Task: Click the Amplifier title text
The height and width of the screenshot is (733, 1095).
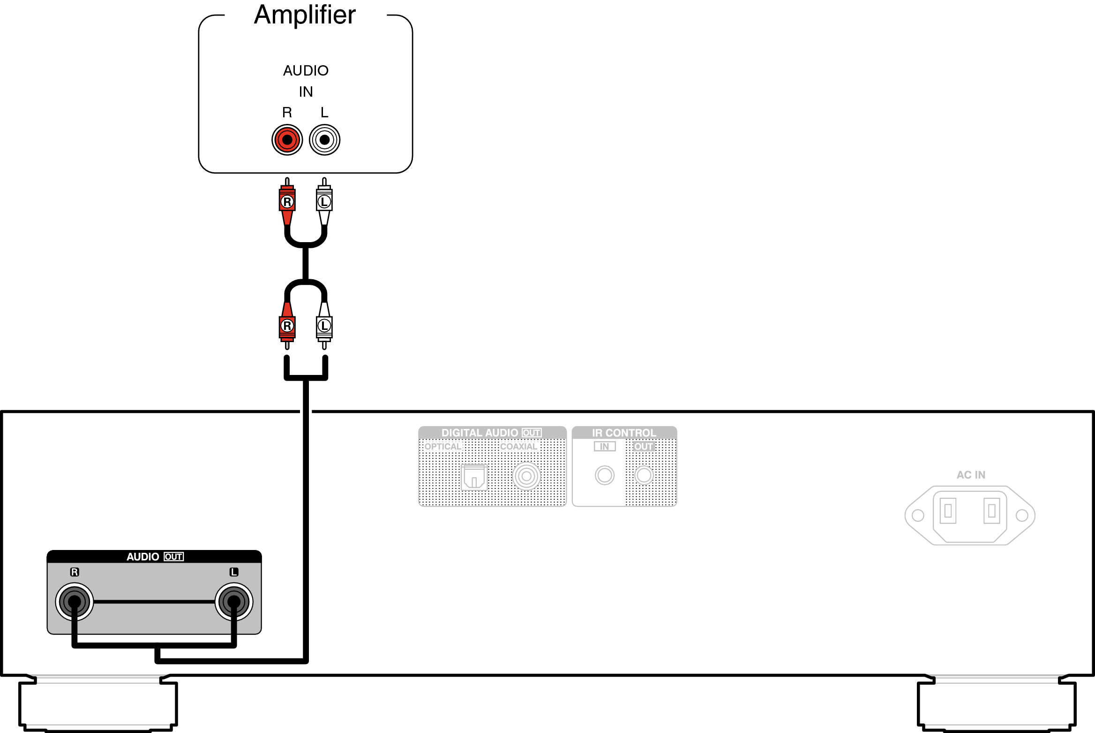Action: tap(305, 15)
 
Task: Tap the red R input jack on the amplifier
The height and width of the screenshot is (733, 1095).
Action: tap(287, 140)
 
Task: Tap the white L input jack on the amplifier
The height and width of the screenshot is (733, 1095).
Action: tap(324, 140)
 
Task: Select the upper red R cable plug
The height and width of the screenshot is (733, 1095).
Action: tap(287, 202)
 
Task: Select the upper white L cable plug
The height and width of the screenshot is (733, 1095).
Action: tap(324, 202)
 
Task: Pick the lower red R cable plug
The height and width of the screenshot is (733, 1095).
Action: tap(287, 326)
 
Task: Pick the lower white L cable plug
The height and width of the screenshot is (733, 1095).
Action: tap(324, 326)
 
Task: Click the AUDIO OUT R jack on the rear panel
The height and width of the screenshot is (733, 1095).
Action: tap(75, 602)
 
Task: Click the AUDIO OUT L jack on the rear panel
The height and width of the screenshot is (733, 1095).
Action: tap(234, 602)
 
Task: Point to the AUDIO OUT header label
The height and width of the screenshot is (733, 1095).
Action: tap(155, 557)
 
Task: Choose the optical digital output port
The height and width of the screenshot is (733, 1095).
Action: tap(474, 477)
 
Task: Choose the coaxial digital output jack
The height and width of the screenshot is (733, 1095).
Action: tap(526, 476)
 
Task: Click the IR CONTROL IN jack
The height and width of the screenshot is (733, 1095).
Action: tap(605, 475)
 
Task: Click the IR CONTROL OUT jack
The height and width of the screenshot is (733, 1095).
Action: tap(644, 475)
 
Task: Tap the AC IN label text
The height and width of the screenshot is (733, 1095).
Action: tap(971, 475)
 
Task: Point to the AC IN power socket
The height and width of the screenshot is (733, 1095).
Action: tap(970, 515)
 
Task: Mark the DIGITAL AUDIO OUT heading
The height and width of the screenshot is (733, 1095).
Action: tap(491, 433)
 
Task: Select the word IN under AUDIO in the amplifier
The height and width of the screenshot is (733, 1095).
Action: tap(306, 92)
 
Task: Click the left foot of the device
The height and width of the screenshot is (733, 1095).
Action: tap(98, 704)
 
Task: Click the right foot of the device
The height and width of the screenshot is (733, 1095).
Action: tap(996, 704)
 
